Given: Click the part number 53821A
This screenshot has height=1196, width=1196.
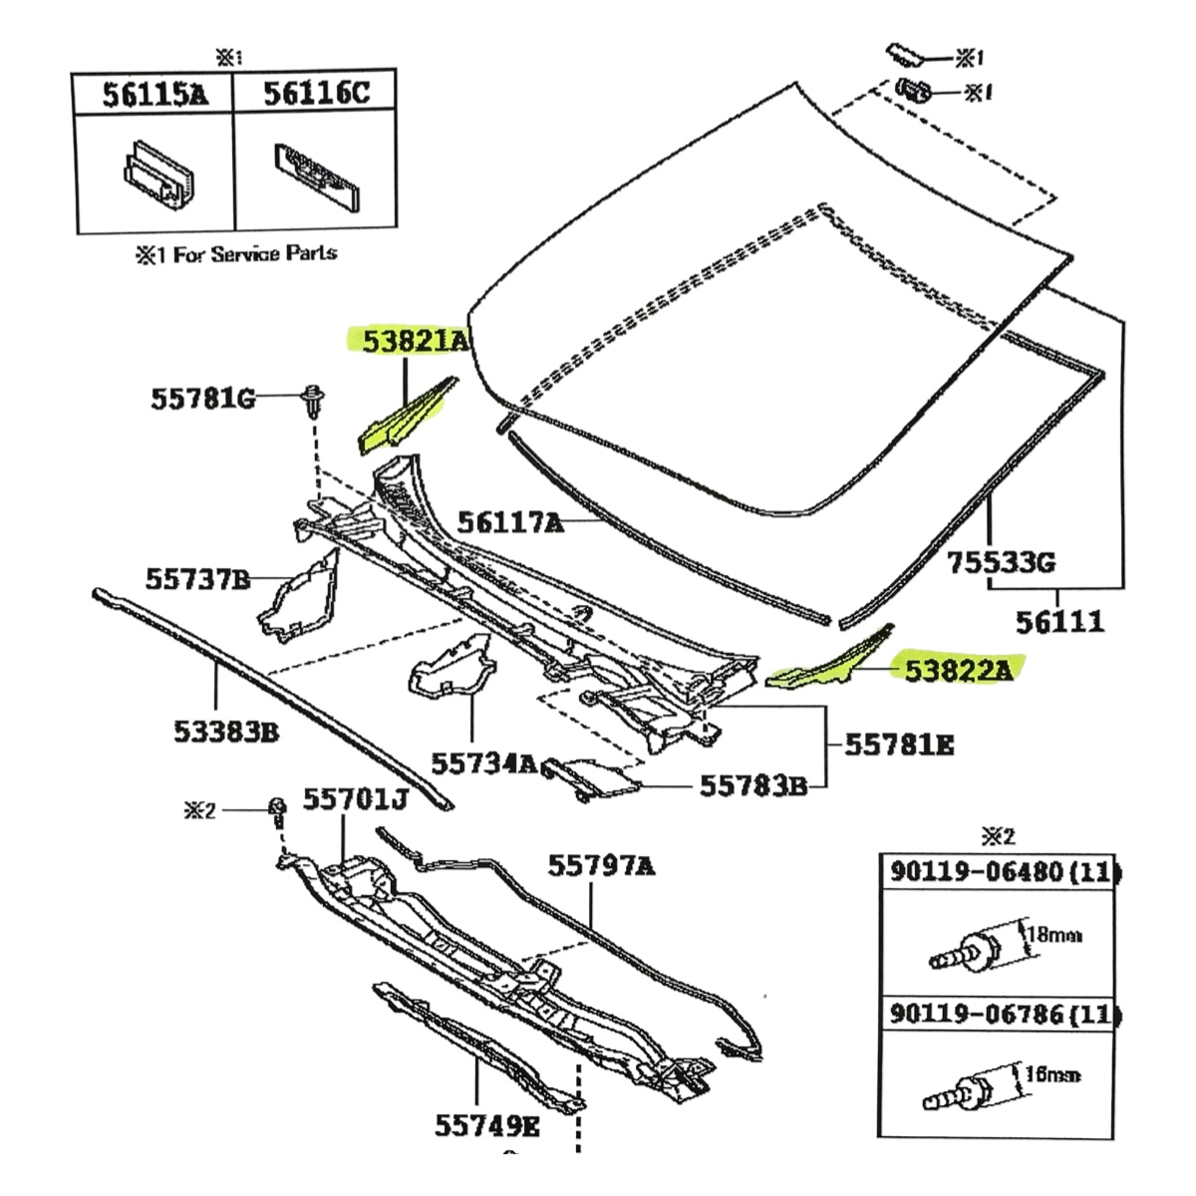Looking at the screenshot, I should pos(415,342).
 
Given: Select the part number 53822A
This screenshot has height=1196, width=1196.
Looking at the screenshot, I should pos(958,670).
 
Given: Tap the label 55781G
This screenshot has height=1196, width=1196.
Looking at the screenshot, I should pos(202,399).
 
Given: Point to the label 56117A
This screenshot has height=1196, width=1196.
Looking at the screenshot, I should pos(510,521).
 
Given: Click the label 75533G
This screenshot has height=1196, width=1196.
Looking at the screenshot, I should pos(1000,564).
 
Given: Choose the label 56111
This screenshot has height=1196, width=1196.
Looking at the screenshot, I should pos(1059,622).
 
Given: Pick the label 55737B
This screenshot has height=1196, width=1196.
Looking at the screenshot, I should pos(197,578).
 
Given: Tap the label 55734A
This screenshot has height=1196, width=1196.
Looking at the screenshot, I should pos(484,763).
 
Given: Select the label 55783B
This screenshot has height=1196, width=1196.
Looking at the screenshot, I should pos(752,785).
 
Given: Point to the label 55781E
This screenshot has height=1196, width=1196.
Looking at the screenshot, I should pos(899,744).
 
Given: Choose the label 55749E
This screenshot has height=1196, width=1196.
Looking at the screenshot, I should pos(487,1127).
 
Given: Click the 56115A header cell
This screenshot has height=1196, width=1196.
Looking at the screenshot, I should pos(155,95).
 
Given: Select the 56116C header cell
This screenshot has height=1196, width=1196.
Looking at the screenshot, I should pos(316,95).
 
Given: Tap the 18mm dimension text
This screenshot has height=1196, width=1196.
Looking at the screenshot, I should pos(1054,935).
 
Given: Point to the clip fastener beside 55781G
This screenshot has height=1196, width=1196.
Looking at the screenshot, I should pos(311,401).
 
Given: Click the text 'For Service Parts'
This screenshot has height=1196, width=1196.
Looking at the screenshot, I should pos(254,254).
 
